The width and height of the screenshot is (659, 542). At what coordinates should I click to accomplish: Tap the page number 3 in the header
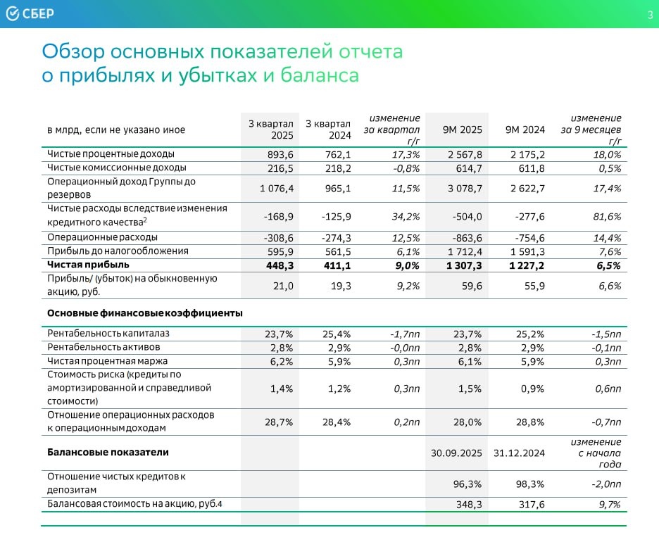point(650,15)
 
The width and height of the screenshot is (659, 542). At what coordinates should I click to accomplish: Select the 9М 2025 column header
point(462,130)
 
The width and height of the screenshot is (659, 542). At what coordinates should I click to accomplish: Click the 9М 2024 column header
point(525,130)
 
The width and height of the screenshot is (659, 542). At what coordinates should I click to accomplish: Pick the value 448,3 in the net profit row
point(277,265)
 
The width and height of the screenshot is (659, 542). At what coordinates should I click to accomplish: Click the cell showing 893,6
point(277,154)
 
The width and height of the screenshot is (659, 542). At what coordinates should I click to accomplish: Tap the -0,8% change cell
point(405,168)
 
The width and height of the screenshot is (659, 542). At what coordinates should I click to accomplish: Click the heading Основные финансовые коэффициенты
point(144,313)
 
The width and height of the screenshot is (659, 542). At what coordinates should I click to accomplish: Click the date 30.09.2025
point(456,453)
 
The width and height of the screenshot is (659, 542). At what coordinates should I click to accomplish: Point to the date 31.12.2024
point(519,453)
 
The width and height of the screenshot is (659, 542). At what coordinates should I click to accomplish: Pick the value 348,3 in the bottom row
point(468,504)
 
